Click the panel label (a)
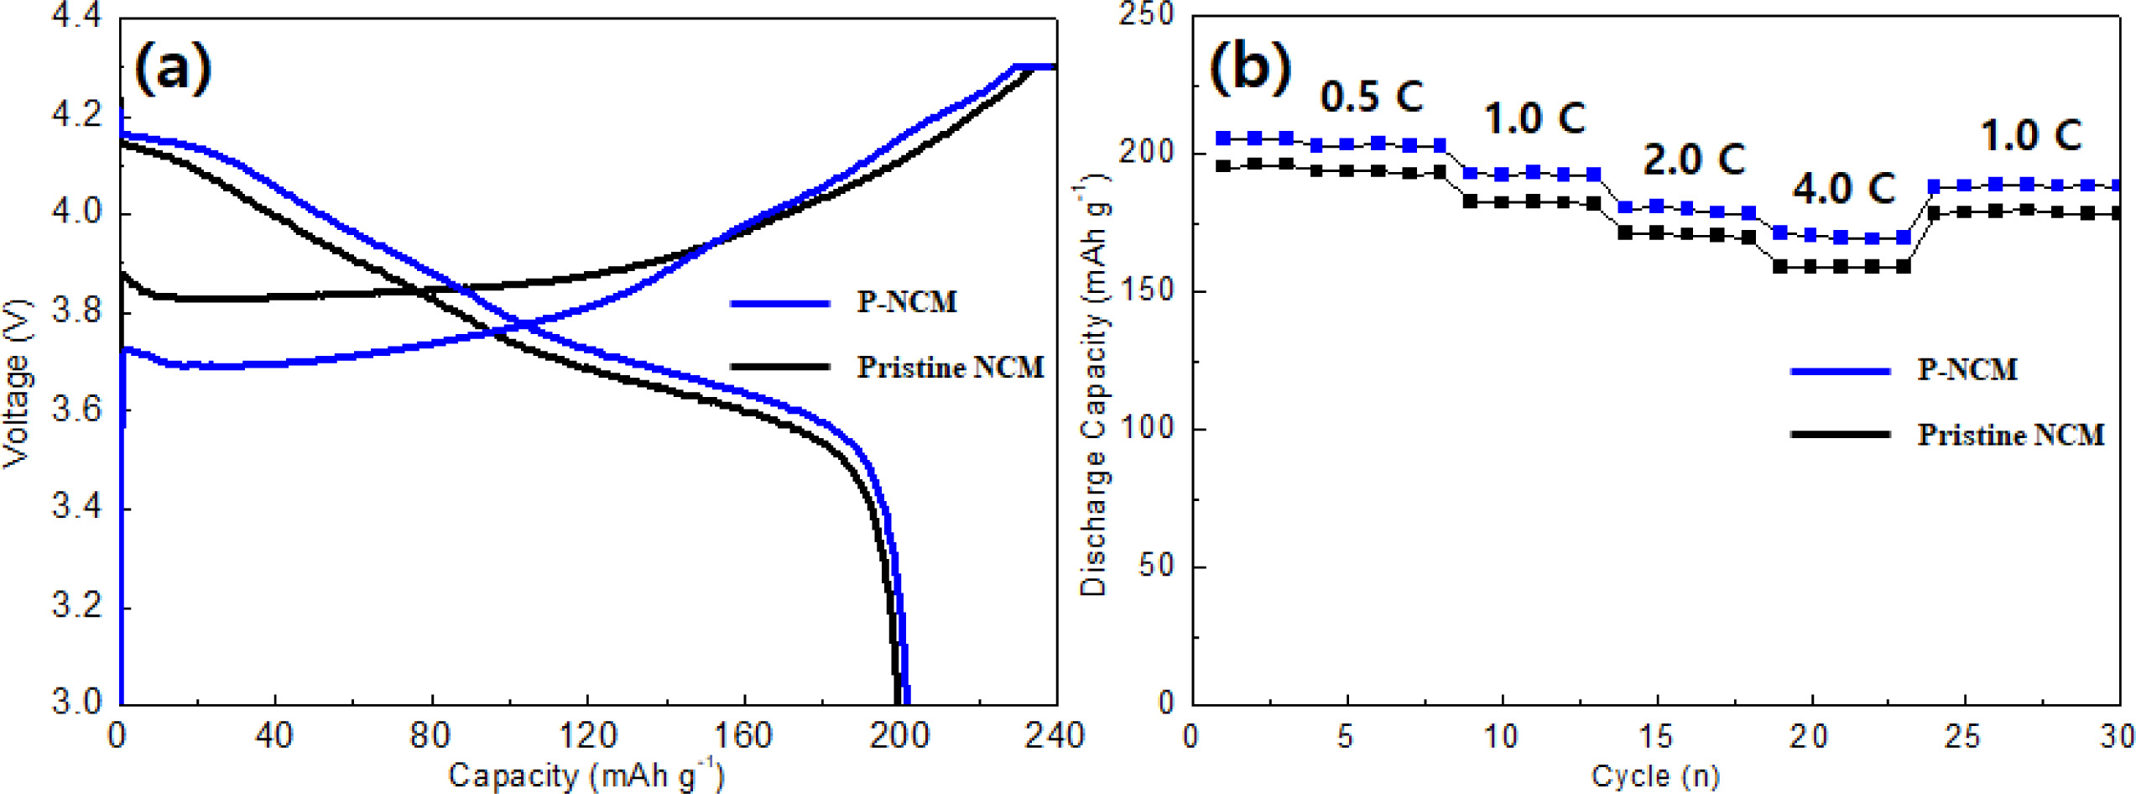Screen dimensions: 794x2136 (x=173, y=70)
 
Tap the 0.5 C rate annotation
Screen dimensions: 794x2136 (x=1372, y=97)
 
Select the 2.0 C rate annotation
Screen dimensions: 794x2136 (x=1693, y=159)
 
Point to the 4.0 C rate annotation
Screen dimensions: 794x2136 (x=1843, y=189)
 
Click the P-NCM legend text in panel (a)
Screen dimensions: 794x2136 (x=906, y=302)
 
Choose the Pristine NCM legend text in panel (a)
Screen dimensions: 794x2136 (x=950, y=368)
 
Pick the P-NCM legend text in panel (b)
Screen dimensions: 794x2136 (x=1967, y=370)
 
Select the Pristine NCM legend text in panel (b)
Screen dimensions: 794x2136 (x=2010, y=435)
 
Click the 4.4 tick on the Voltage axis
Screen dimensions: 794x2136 (x=77, y=17)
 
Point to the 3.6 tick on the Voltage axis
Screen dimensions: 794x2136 (x=77, y=410)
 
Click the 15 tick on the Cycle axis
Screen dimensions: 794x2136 (x=1656, y=737)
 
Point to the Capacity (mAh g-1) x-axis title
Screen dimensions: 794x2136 (x=586, y=775)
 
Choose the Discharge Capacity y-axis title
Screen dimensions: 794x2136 (x=1094, y=386)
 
